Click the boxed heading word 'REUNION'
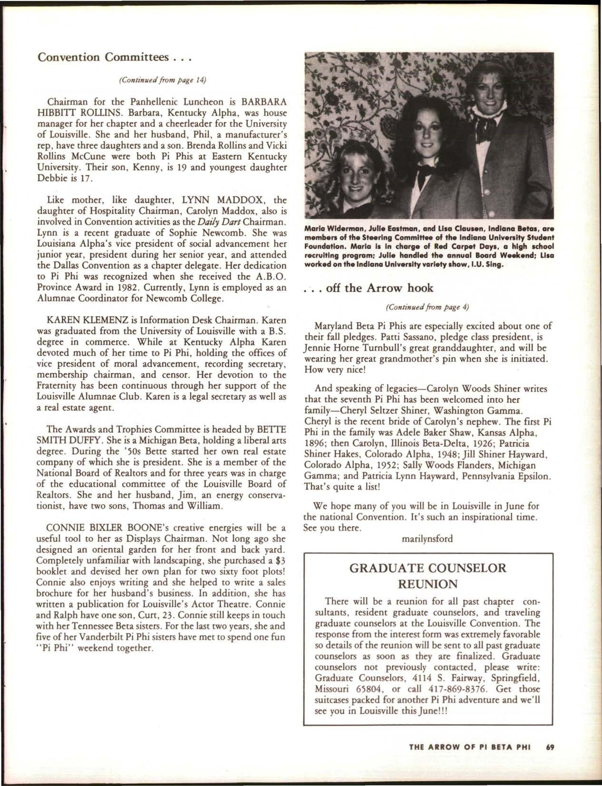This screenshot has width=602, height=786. (427, 583)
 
